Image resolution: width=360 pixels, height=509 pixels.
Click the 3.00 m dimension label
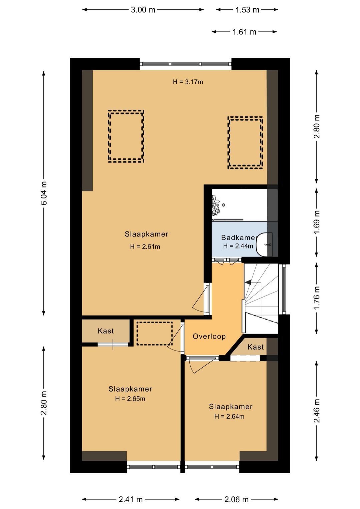(x=143, y=10)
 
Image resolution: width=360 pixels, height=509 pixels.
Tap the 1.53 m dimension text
(x=247, y=10)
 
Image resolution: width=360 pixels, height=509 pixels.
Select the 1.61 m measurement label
(x=244, y=32)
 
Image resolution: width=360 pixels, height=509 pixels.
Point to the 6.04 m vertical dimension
(x=44, y=193)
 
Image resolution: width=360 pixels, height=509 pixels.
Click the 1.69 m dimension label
(x=317, y=222)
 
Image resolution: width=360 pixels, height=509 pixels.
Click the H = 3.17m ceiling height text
(x=188, y=82)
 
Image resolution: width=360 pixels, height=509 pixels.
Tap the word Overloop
(x=209, y=336)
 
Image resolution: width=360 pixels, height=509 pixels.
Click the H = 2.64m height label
(x=229, y=417)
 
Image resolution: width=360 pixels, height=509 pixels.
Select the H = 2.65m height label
(x=130, y=399)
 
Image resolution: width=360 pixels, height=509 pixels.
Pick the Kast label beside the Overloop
(x=256, y=347)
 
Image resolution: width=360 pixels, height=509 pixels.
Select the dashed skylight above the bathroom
(x=245, y=143)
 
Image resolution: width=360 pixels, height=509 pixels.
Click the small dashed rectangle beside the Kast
(x=154, y=334)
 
